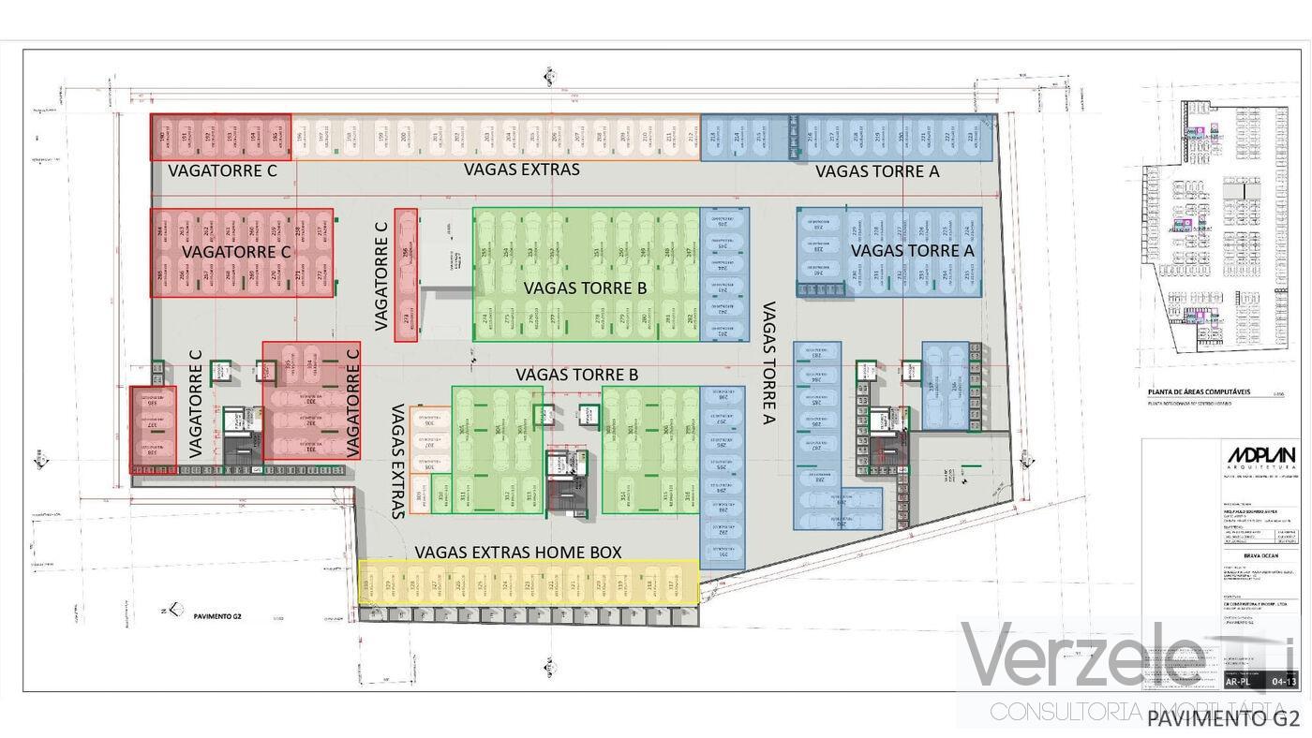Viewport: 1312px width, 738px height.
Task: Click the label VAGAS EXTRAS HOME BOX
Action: pyautogui.click(x=518, y=553)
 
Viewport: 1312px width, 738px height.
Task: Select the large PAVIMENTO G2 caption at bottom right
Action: pyautogui.click(x=1223, y=718)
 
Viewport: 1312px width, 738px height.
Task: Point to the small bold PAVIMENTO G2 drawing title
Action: pyautogui.click(x=217, y=616)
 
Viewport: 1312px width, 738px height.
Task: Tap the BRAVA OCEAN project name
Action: pyautogui.click(x=1245, y=554)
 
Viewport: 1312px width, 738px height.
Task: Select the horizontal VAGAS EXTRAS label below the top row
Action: pyautogui.click(x=522, y=170)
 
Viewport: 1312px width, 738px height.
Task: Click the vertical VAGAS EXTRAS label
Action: pyautogui.click(x=398, y=461)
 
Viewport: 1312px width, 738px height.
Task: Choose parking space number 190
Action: pyautogui.click(x=162, y=138)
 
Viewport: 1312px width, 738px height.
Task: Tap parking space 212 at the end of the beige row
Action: pyautogui.click(x=691, y=138)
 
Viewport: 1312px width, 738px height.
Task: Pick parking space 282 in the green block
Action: pyautogui.click(x=691, y=320)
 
